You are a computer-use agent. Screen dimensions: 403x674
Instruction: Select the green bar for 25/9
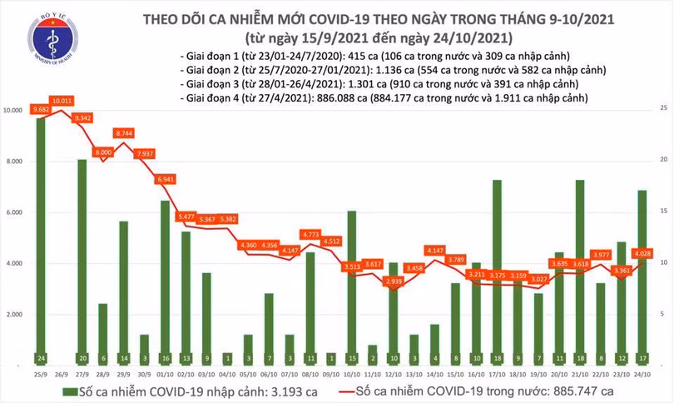coord(40,241)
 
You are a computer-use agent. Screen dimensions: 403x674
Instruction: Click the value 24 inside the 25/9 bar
coord(40,359)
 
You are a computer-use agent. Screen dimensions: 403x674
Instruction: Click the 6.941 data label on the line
coord(166,179)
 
